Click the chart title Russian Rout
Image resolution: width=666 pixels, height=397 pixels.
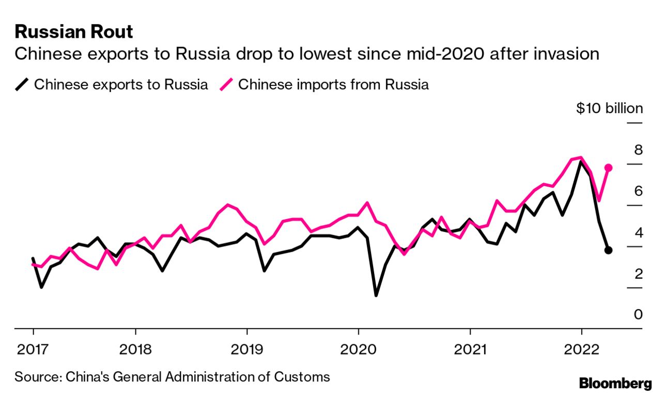(74, 32)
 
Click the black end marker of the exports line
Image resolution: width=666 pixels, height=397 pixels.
(609, 250)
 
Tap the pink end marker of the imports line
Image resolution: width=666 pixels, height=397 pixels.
(609, 167)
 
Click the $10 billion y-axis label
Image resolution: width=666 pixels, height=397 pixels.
(610, 109)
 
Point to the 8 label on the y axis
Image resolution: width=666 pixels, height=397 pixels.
(639, 150)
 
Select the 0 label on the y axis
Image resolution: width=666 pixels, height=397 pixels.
(639, 314)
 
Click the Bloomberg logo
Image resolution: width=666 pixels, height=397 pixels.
(615, 384)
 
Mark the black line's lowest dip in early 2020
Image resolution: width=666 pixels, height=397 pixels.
(376, 295)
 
